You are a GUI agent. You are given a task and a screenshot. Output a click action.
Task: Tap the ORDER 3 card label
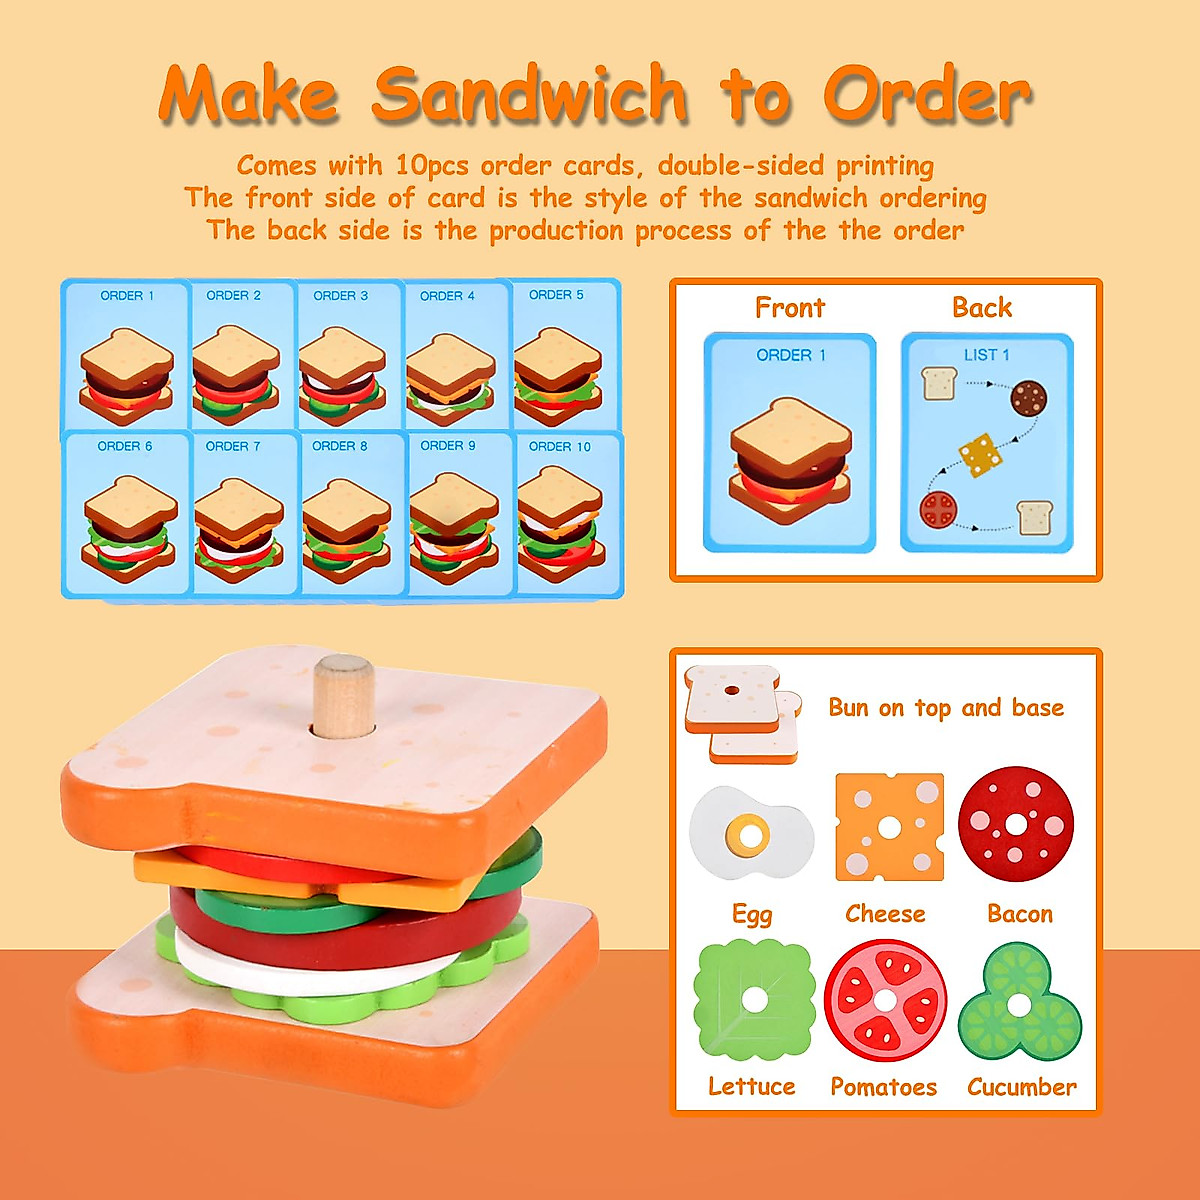[340, 296]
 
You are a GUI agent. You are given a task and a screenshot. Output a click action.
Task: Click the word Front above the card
[790, 308]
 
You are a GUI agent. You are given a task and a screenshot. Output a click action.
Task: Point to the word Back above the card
[982, 308]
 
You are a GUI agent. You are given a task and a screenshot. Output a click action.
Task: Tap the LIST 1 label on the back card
[986, 355]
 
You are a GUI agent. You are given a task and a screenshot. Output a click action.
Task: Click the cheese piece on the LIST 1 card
[980, 454]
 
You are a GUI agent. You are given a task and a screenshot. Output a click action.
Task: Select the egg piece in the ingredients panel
[750, 832]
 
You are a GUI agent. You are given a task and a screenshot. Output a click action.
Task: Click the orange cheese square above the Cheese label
[889, 827]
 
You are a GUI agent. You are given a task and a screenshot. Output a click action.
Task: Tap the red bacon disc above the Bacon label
[1016, 825]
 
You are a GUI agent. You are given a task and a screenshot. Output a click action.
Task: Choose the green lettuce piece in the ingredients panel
[753, 999]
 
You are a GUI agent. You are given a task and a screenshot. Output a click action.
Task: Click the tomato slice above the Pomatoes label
[885, 1000]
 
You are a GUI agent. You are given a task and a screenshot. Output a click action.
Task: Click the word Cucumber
[1021, 1087]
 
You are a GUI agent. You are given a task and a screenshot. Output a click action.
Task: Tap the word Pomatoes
[883, 1087]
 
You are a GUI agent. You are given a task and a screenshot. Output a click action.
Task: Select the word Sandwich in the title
[530, 95]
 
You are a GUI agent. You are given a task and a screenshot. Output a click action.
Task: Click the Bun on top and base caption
[945, 708]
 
